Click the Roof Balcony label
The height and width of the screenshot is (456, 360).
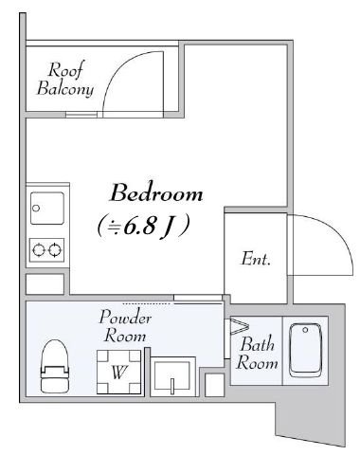65,79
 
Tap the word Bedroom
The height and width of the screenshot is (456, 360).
156,194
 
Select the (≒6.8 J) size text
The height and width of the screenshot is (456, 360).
144,226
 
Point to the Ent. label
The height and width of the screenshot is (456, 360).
256,259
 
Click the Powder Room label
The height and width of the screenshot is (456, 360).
126,326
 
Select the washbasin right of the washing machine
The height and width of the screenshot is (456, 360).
173,378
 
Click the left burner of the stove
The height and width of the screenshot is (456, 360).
39,250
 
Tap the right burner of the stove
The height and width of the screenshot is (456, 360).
55,250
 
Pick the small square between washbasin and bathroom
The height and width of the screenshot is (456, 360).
214,385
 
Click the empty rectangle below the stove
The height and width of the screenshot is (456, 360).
45,283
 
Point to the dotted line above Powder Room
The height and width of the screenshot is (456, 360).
148,303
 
